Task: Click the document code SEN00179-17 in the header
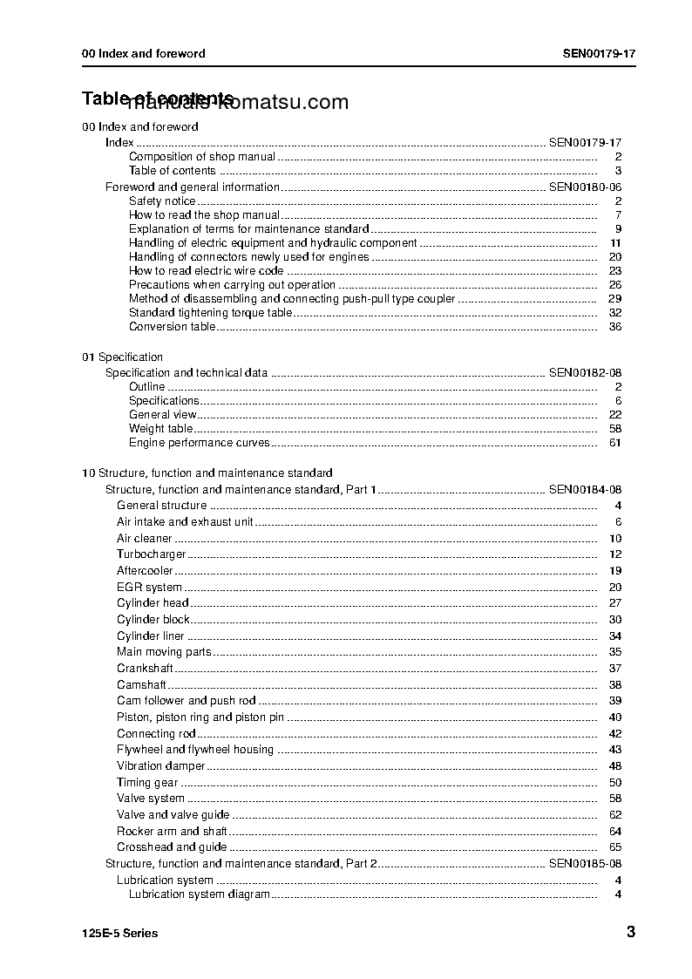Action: coord(599,53)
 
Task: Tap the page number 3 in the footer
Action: coord(630,933)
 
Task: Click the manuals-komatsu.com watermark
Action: coord(237,103)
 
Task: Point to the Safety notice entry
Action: coord(162,201)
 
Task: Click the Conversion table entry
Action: coord(172,327)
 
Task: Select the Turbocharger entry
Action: coord(152,554)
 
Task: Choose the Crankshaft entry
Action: coord(145,669)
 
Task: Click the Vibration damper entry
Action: coord(160,766)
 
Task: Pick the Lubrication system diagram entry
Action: coord(199,894)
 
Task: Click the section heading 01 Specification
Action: coord(122,357)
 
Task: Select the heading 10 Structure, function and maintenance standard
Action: coord(207,473)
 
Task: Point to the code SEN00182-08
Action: coord(585,372)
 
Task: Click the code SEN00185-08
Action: coord(585,863)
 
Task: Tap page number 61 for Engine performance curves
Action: coord(615,443)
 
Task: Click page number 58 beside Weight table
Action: coord(615,429)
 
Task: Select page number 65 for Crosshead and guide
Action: coord(615,847)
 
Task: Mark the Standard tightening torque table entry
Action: coord(210,313)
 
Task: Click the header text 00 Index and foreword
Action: coord(143,53)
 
